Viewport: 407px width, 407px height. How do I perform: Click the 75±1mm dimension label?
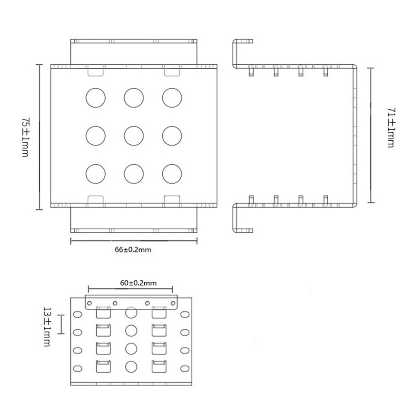point(25,137)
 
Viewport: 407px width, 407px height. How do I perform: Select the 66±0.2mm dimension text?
point(133,250)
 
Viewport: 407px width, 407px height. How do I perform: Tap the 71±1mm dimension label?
point(391,128)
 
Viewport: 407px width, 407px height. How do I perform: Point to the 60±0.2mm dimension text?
point(138,283)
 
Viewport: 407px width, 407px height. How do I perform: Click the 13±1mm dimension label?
point(47,327)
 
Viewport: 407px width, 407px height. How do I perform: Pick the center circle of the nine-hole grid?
point(134,136)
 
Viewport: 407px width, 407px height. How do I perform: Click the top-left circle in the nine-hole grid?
point(96,98)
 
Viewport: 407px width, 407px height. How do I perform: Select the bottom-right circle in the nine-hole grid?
point(172,174)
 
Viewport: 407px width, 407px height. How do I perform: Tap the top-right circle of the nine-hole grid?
point(172,98)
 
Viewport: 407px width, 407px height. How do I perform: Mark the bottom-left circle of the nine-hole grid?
point(96,174)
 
